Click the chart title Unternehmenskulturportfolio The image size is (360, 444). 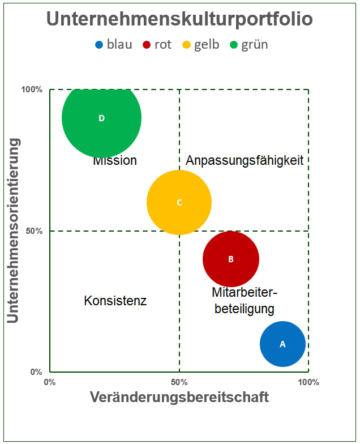pyautogui.click(x=179, y=19)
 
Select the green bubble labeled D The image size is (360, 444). pyautogui.click(x=101, y=118)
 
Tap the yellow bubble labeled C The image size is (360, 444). pyautogui.click(x=179, y=202)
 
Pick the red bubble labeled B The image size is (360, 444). pyautogui.click(x=230, y=259)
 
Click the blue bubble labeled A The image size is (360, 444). pyautogui.click(x=282, y=344)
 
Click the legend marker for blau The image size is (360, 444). pyautogui.click(x=100, y=45)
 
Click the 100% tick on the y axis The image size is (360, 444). pyautogui.click(x=32, y=89)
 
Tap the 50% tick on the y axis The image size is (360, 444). pyautogui.click(x=34, y=231)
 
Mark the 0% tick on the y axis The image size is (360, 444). pyautogui.click(x=36, y=373)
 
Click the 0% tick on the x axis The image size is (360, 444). pyautogui.click(x=50, y=382)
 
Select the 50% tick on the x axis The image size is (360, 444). pyautogui.click(x=179, y=382)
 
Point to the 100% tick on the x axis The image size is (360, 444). pyautogui.click(x=308, y=382)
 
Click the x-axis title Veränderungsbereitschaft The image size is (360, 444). pyautogui.click(x=179, y=397)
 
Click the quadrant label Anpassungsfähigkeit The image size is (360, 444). pyautogui.click(x=245, y=160)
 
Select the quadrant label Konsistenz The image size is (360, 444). pyautogui.click(x=115, y=301)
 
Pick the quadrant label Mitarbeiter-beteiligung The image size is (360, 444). pyautogui.click(x=245, y=301)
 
